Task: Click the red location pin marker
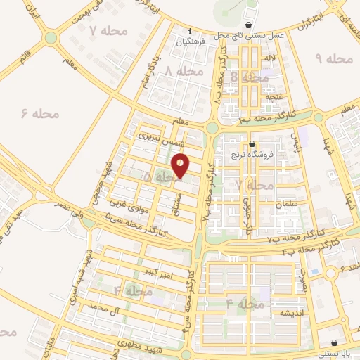pos(181,165)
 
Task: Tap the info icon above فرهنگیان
pos(190,31)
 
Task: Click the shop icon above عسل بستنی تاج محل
pos(248,25)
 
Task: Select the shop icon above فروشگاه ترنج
pos(252,143)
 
